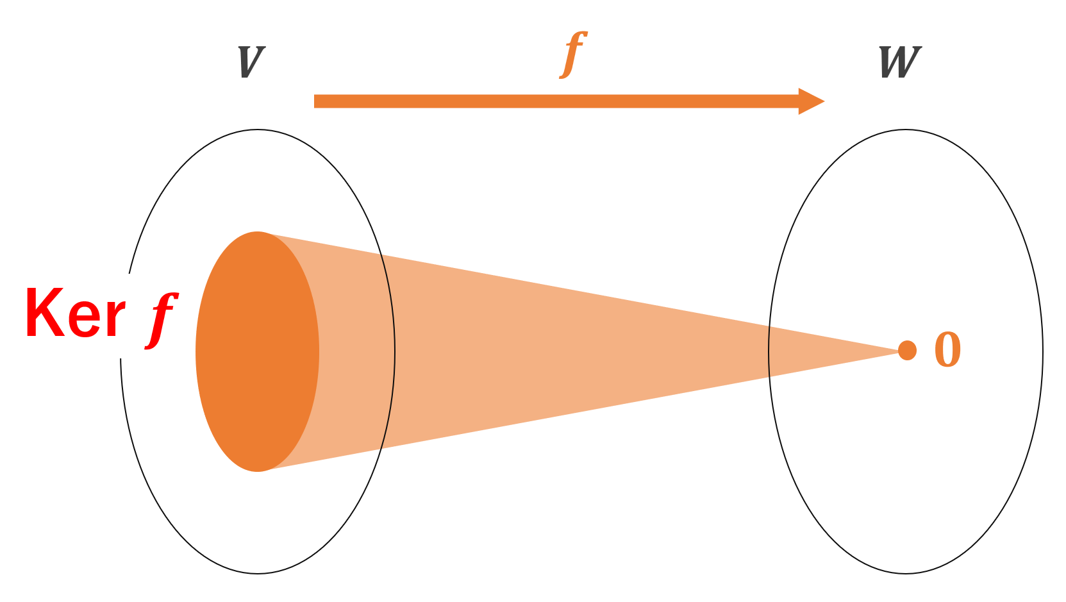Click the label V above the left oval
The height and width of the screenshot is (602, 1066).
click(x=251, y=62)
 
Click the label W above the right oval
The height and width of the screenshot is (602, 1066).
click(x=900, y=62)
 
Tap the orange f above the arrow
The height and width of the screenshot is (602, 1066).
click(x=574, y=54)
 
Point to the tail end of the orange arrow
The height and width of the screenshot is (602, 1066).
click(x=316, y=101)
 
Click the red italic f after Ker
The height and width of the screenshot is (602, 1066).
click(x=160, y=319)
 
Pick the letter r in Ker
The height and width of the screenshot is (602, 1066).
click(x=115, y=319)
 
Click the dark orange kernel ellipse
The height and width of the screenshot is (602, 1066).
click(x=256, y=351)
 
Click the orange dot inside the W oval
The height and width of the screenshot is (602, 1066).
click(x=907, y=351)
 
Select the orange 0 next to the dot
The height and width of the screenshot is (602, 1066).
click(x=947, y=350)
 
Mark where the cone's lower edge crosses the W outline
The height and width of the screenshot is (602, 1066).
click(x=770, y=376)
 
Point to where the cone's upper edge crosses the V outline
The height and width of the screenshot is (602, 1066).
click(x=381, y=256)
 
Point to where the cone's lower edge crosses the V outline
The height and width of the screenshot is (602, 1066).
click(x=383, y=449)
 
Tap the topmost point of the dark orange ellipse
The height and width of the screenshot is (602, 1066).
click(x=258, y=231)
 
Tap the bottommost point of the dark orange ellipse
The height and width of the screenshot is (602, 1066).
click(x=258, y=472)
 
